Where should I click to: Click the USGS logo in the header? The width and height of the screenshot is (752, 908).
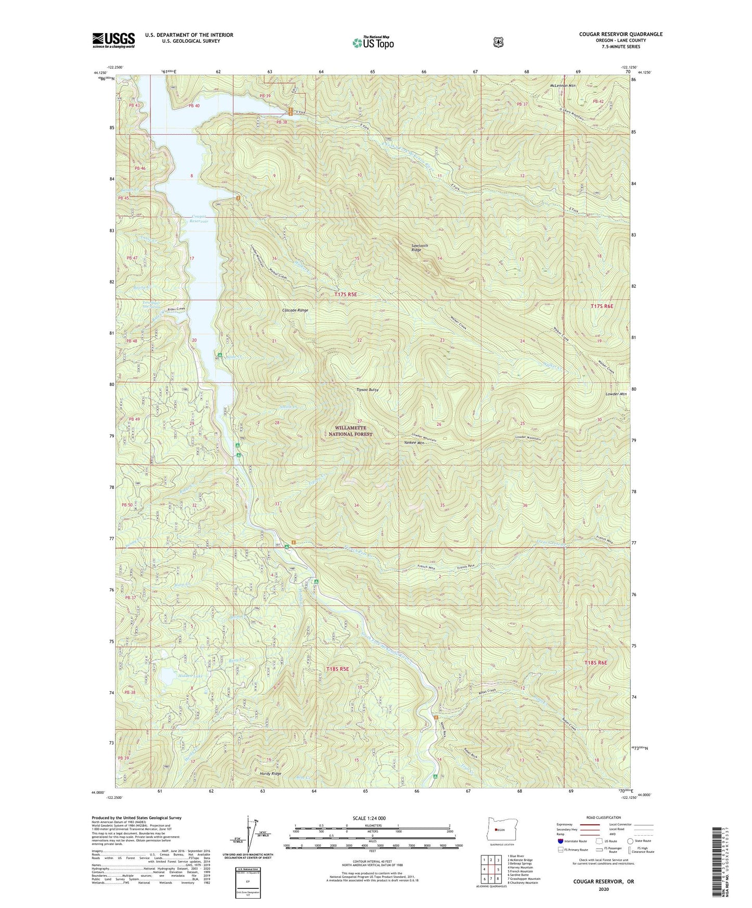click(x=113, y=40)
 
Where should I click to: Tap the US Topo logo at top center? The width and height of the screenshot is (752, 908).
click(x=372, y=42)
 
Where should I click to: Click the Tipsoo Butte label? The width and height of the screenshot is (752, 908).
click(x=367, y=390)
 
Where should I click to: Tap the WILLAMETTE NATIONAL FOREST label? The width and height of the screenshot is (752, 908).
click(x=351, y=431)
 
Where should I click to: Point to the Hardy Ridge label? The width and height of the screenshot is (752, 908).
click(x=270, y=774)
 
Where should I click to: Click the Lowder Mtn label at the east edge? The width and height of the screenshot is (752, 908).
click(x=616, y=394)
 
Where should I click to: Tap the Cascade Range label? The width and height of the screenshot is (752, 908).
click(x=295, y=310)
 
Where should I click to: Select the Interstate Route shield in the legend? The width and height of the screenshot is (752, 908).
click(x=560, y=840)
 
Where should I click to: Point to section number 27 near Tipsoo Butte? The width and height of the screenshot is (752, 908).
click(x=359, y=421)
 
